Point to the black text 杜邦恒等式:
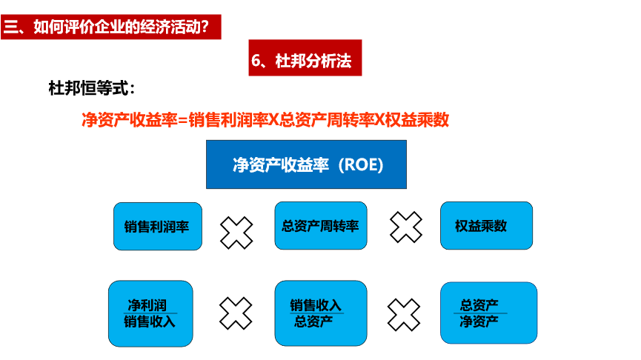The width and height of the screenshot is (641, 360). click(91, 89)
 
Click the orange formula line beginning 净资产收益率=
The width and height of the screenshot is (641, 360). click(265, 119)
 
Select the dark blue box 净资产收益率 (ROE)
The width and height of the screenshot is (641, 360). click(306, 164)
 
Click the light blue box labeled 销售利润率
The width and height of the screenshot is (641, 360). click(157, 226)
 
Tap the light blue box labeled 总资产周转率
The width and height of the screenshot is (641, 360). click(320, 225)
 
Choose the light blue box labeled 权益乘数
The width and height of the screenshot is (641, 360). click(486, 225)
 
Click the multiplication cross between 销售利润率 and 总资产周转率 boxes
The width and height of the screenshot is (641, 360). click(236, 232)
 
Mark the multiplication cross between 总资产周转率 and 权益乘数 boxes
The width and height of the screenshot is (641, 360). click(405, 227)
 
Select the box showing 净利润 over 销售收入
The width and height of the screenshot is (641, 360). click(150, 313)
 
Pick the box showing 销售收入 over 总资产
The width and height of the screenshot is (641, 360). click(320, 313)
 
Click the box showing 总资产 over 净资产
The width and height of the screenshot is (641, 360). click(488, 313)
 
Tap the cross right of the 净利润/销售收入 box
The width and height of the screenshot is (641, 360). click(236, 313)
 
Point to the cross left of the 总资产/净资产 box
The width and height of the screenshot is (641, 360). click(405, 314)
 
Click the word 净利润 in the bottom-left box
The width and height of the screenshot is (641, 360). click(147, 305)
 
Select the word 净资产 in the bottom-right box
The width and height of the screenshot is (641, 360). click(479, 321)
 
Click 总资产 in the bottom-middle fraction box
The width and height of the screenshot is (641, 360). click(313, 321)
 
